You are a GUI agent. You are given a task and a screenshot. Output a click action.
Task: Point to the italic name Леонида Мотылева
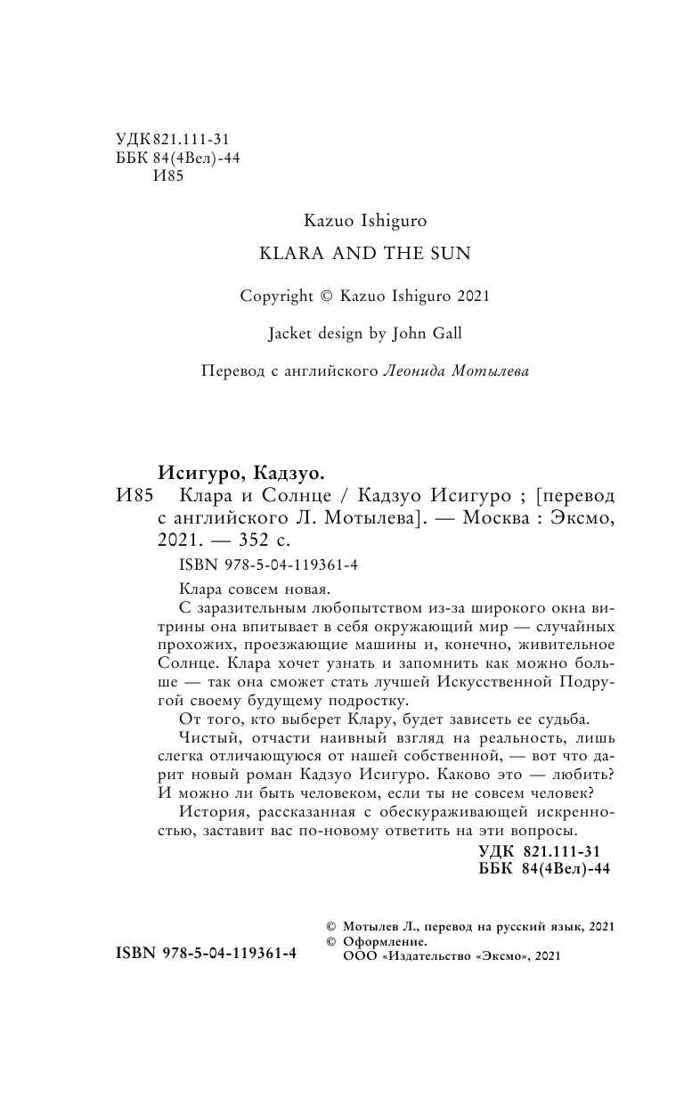[x=455, y=371]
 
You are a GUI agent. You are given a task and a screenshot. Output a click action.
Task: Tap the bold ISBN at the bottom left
[x=207, y=953]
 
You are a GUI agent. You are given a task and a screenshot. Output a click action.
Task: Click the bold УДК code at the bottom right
[x=543, y=850]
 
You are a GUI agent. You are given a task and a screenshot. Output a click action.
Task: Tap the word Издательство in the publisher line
[x=427, y=955]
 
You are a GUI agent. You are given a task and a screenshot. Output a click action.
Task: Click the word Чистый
[x=206, y=737]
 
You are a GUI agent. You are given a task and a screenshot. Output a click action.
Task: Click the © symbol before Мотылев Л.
[x=333, y=926]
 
